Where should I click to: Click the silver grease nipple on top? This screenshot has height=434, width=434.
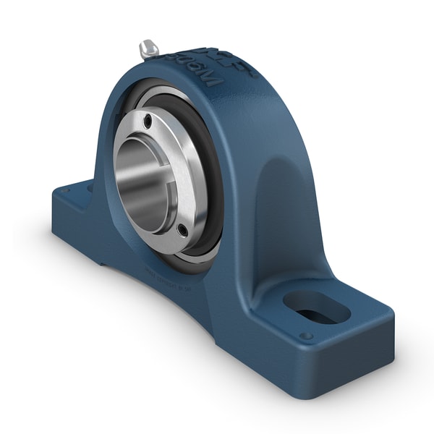149,49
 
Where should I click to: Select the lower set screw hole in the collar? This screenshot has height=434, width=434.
182,231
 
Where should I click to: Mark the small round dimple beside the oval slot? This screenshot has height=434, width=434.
306,336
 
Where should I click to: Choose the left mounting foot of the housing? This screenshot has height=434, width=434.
72,210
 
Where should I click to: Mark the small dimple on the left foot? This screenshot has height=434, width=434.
68,192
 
